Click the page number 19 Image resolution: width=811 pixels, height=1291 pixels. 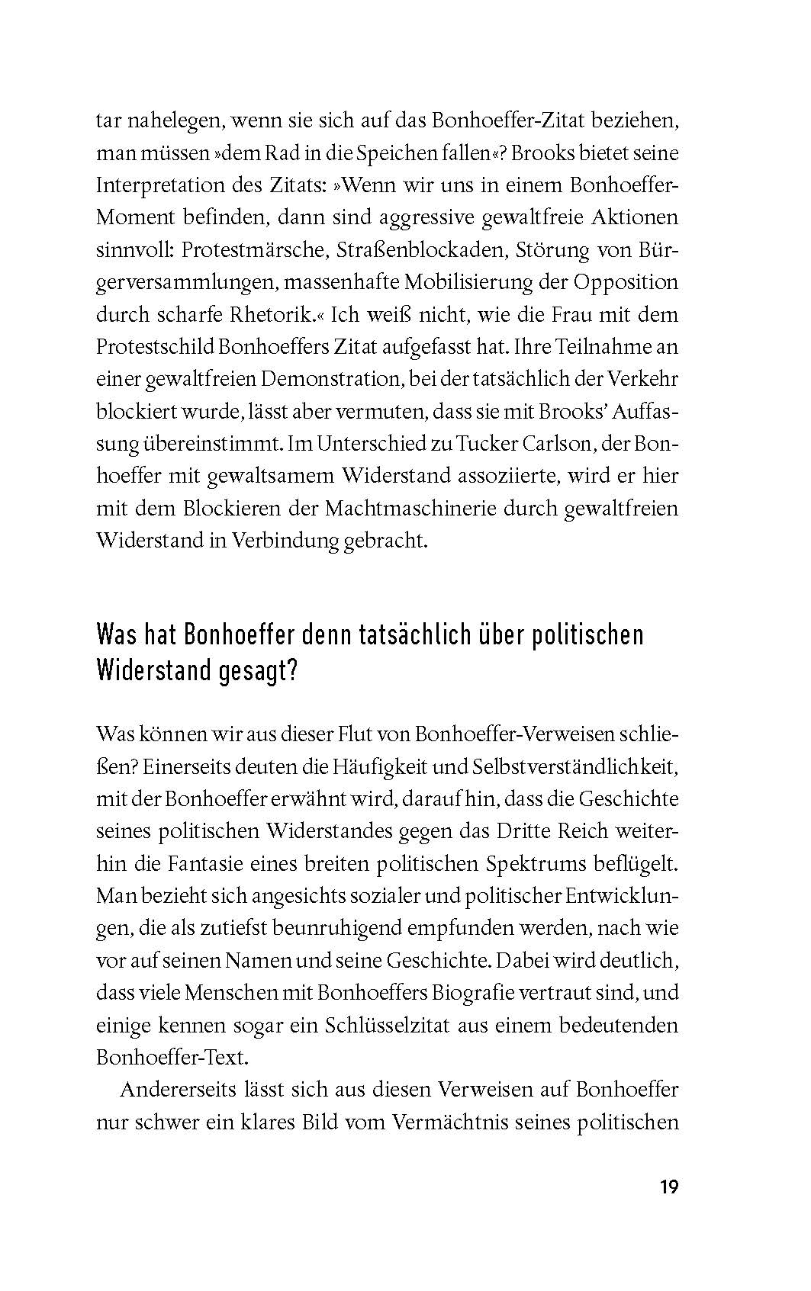pyautogui.click(x=668, y=1187)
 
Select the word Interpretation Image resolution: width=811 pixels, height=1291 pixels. pyautogui.click(x=159, y=185)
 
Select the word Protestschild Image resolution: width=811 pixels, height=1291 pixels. pyautogui.click(x=154, y=347)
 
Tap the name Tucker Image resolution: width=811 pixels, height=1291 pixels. pyautogui.click(x=494, y=444)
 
